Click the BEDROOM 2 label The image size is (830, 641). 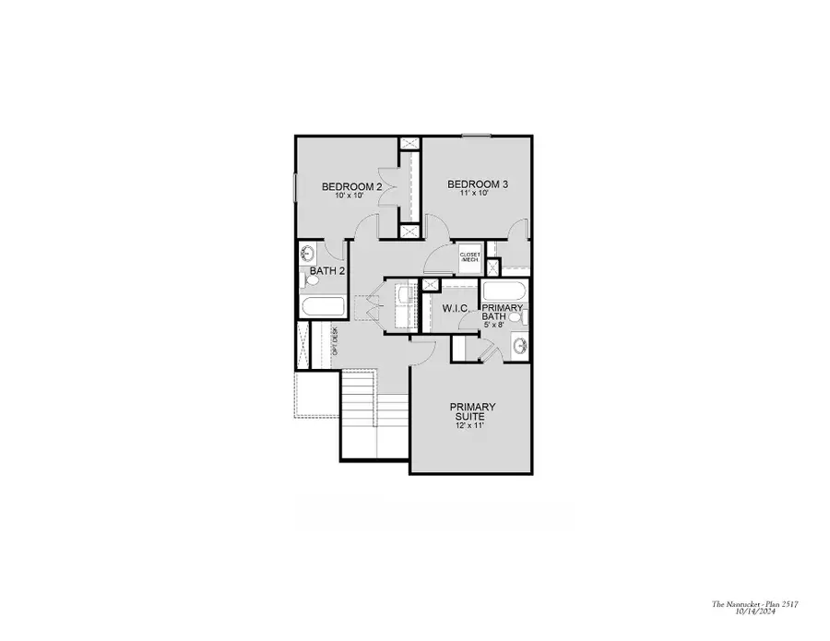pyautogui.click(x=351, y=186)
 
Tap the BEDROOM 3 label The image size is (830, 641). pyautogui.click(x=477, y=184)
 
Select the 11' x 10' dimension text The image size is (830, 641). pyautogui.click(x=477, y=194)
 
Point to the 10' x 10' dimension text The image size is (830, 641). pyautogui.click(x=350, y=196)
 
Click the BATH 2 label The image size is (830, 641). pyautogui.click(x=326, y=271)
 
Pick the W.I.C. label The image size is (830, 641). pyautogui.click(x=458, y=307)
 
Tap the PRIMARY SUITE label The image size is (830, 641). pyautogui.click(x=472, y=411)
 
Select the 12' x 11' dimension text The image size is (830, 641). pyautogui.click(x=472, y=425)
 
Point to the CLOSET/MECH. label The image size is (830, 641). pyautogui.click(x=470, y=256)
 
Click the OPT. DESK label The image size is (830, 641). pyautogui.click(x=335, y=342)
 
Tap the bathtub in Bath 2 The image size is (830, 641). pyautogui.click(x=323, y=307)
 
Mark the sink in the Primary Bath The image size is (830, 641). pyautogui.click(x=519, y=348)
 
